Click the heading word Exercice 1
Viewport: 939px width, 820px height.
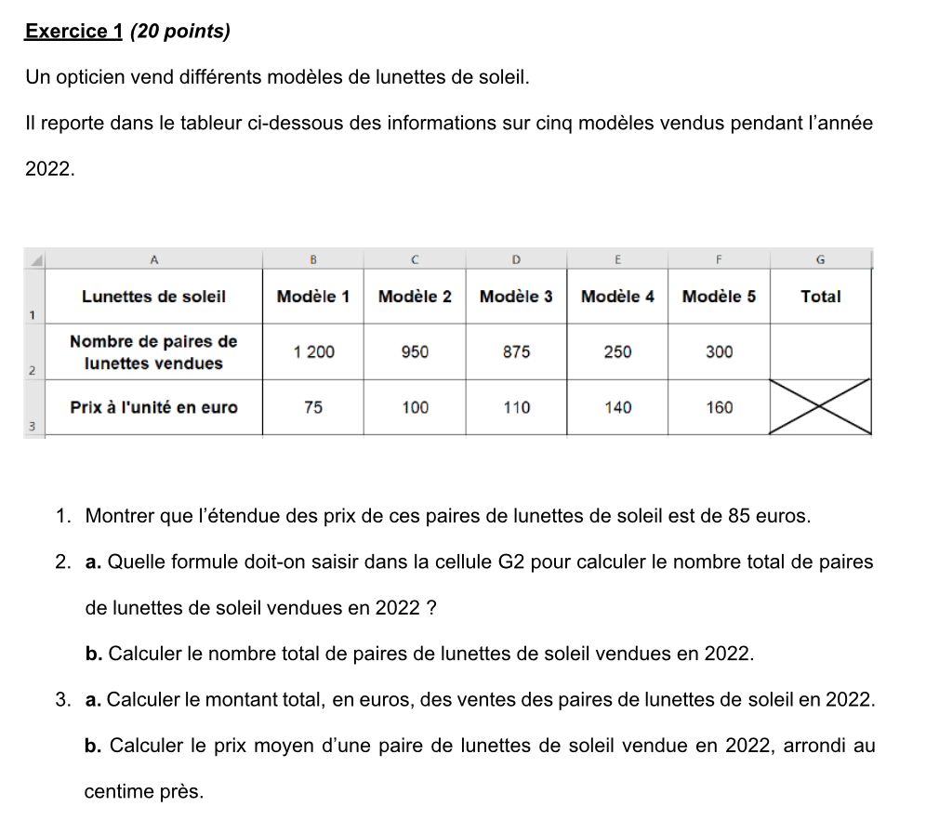coord(73,32)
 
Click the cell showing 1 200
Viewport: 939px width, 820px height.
coord(313,352)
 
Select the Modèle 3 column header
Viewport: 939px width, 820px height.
coord(516,297)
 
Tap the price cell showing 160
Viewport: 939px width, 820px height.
coord(719,407)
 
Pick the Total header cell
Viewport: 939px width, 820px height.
coord(820,297)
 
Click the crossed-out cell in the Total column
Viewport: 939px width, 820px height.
coord(820,407)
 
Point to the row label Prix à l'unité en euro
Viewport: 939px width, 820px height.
coord(153,407)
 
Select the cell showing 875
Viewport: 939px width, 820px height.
coord(516,352)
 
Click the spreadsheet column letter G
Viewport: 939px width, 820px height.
coord(820,259)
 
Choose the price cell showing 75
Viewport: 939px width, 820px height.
coord(313,407)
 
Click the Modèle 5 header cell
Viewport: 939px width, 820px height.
coord(719,297)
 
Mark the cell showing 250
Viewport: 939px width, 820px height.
coord(617,352)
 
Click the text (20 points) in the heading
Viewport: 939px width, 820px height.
coord(180,32)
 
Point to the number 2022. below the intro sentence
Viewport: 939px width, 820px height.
coord(49,169)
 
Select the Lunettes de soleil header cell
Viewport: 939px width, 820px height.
coord(153,297)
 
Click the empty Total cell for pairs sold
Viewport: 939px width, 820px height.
coord(820,352)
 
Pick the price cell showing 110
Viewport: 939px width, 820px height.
coord(516,407)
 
